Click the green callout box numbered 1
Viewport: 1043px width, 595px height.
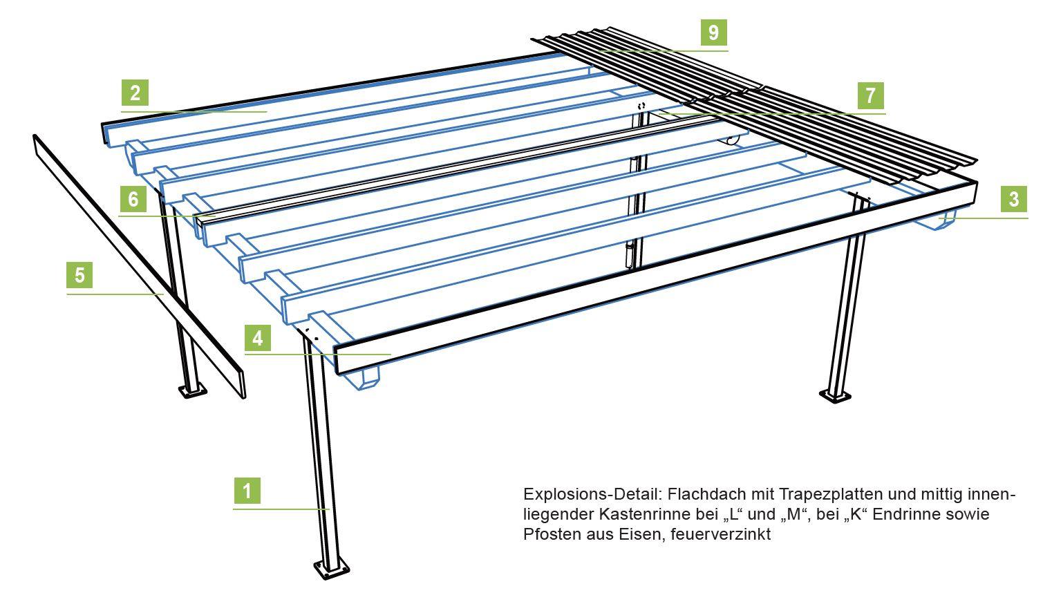point(247,491)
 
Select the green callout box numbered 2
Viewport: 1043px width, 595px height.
point(135,93)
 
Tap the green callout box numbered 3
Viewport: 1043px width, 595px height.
point(1014,199)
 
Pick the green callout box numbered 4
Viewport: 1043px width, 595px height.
point(258,338)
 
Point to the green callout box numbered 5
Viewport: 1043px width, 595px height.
point(80,275)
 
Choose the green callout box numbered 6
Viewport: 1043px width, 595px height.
point(133,199)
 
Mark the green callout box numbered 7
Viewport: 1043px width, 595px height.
point(871,95)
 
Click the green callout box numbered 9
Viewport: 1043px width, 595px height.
point(714,32)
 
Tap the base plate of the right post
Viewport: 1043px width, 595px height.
point(836,396)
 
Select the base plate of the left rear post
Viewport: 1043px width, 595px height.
point(191,392)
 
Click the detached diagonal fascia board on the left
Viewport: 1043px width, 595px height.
point(138,266)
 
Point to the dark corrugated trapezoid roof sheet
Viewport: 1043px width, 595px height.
point(760,104)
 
